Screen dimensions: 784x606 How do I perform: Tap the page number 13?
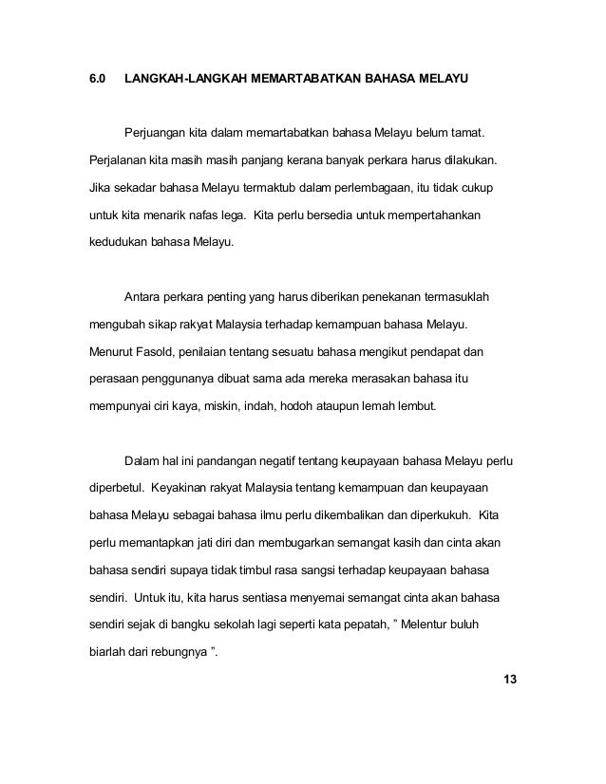click(x=502, y=681)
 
